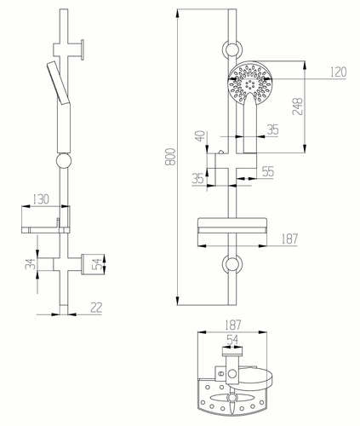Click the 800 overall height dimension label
pos(171,156)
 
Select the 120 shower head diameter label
pos(339,72)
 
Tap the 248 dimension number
pos(298,106)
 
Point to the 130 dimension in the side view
pos(41,199)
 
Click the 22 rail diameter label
pos(96,308)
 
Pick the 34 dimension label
pos(30,264)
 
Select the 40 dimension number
pos(200,136)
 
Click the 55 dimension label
pos(268,171)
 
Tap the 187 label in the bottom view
pos(232,325)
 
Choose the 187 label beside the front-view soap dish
pos(289,239)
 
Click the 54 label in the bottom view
pos(232,340)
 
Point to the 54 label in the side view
pos(97,264)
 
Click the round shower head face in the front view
pos(250,83)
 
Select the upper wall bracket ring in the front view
pos(232,49)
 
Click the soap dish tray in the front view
pos(232,226)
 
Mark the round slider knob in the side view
pos(64,161)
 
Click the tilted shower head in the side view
pos(58,83)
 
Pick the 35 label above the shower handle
pos(272,130)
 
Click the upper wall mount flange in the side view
pos(83,49)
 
